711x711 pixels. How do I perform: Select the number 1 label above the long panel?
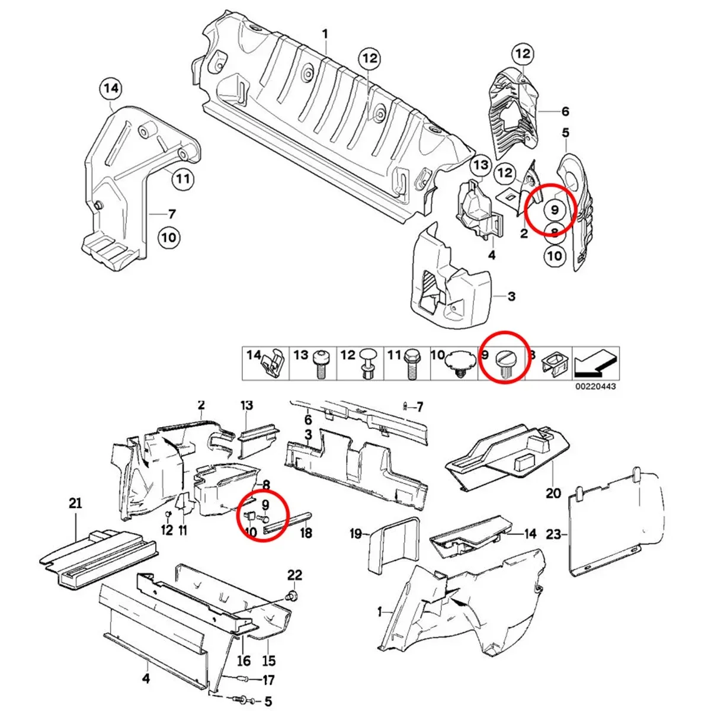tap(325, 34)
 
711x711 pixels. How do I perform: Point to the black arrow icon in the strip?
tap(597, 363)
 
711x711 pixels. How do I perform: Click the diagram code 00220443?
tap(595, 386)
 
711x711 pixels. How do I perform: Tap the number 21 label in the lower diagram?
tap(75, 504)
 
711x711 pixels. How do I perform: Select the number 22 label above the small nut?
tap(294, 575)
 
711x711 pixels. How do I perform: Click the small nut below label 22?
tap(292, 594)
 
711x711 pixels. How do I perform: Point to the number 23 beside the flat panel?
tap(552, 534)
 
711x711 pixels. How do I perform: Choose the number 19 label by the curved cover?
tap(355, 534)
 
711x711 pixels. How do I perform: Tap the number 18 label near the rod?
tap(306, 533)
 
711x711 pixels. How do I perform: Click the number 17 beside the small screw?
tap(268, 680)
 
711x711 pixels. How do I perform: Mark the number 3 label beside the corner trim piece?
tap(511, 296)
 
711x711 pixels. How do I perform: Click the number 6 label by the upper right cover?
tap(565, 111)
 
